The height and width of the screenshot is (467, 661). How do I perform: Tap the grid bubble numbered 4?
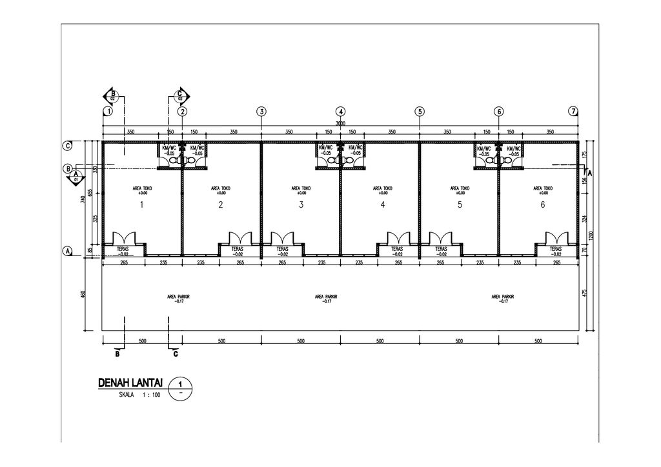[341, 112]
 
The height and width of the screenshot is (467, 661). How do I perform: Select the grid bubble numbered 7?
[573, 112]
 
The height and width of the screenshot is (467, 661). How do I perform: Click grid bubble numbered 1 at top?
[107, 112]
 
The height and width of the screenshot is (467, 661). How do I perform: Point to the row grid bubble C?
[67, 146]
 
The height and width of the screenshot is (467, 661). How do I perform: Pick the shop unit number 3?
[301, 206]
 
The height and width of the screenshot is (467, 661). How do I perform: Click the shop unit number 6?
[542, 206]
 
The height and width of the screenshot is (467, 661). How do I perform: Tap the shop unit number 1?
[141, 206]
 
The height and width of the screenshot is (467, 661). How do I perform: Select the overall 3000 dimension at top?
[340, 124]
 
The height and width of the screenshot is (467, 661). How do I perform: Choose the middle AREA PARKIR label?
[328, 299]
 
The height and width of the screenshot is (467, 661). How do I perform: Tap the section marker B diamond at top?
[112, 96]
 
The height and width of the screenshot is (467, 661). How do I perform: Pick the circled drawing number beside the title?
[180, 389]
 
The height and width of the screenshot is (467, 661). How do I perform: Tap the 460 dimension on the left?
[83, 295]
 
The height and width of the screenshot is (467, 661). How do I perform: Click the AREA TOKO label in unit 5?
[460, 190]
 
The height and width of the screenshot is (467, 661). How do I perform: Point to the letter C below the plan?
[175, 354]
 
